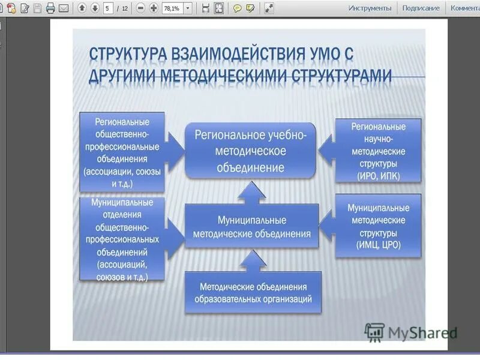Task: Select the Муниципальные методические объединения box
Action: pos(251,227)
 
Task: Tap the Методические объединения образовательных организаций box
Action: pos(253,292)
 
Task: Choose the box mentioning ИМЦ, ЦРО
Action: pos(378,226)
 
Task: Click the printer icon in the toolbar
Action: pos(50,8)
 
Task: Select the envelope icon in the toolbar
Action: pos(63,8)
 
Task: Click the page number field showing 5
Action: pos(109,8)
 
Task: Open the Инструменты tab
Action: pos(370,8)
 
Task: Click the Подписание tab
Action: pos(421,8)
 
